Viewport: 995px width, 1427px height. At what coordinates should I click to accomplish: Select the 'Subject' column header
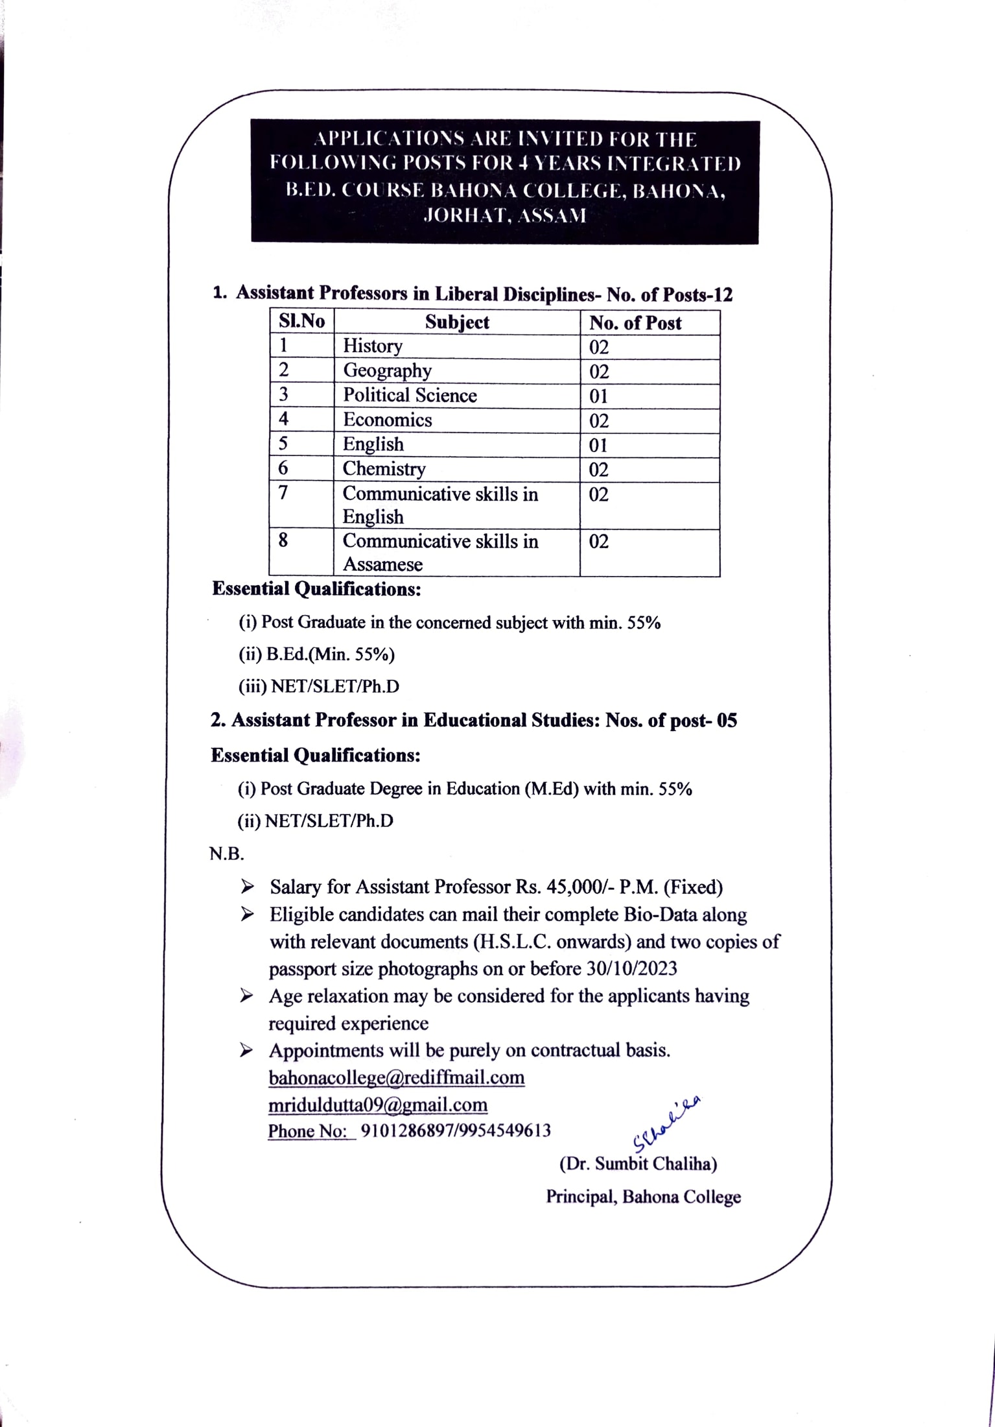pos(457,322)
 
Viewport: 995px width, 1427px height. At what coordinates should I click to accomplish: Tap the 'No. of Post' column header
pos(635,323)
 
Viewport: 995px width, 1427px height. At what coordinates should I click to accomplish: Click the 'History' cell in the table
pos(373,346)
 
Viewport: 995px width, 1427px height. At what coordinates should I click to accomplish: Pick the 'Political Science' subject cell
pos(410,396)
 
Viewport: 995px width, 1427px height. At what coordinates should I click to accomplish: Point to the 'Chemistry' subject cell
pos(384,469)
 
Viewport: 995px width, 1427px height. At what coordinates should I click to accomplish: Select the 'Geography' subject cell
pos(387,371)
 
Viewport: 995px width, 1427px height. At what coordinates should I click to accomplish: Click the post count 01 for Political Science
pos(598,396)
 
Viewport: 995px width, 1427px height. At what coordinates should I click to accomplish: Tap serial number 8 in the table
pos(283,540)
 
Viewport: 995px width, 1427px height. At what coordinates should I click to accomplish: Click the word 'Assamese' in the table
pos(382,564)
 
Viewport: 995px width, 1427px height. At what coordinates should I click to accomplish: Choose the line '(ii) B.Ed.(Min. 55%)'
pos(316,654)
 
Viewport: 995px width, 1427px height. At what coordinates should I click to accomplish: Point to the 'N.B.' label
pos(226,854)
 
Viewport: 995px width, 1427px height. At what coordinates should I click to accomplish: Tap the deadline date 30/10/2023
pos(631,968)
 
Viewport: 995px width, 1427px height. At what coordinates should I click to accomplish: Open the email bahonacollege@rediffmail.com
pos(396,1077)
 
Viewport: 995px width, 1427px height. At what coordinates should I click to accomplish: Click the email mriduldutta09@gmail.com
pos(378,1105)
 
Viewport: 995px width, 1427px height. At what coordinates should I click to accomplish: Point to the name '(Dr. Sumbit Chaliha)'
pos(638,1164)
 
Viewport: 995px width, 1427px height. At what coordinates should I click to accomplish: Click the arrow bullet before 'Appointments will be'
pos(246,1051)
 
